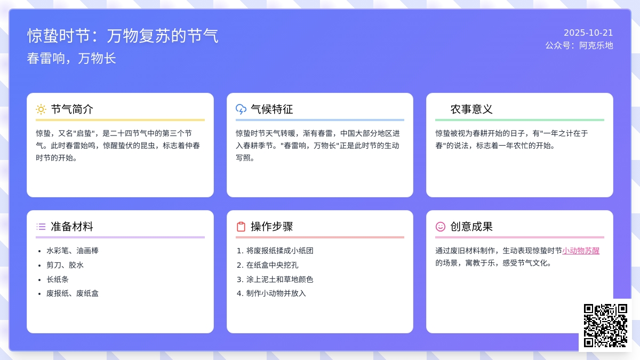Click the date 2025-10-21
[588, 33]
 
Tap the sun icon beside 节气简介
[41, 109]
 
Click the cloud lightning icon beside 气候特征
[241, 109]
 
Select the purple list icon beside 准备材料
[41, 227]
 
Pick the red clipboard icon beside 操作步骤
[241, 227]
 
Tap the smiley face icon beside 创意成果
[441, 227]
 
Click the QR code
[605, 325]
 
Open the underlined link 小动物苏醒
[581, 251]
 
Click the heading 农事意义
[471, 109]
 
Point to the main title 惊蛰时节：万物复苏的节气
[123, 36]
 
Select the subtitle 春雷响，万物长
[71, 58]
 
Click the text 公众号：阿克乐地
[579, 45]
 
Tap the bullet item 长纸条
[58, 279]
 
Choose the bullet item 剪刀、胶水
[65, 265]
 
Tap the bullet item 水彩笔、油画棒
[73, 251]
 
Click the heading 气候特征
[271, 109]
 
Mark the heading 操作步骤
[271, 227]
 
